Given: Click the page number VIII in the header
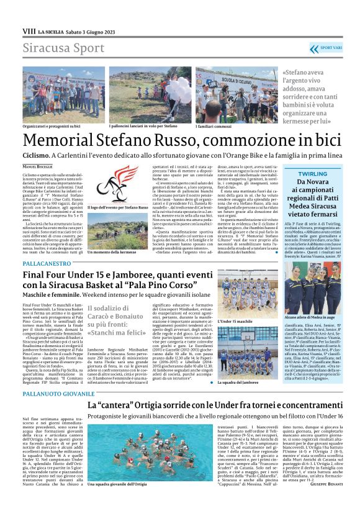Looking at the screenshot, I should click(29, 30).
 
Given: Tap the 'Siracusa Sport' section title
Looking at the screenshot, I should click(55, 48).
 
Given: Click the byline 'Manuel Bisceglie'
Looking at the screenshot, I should click(38, 166).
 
